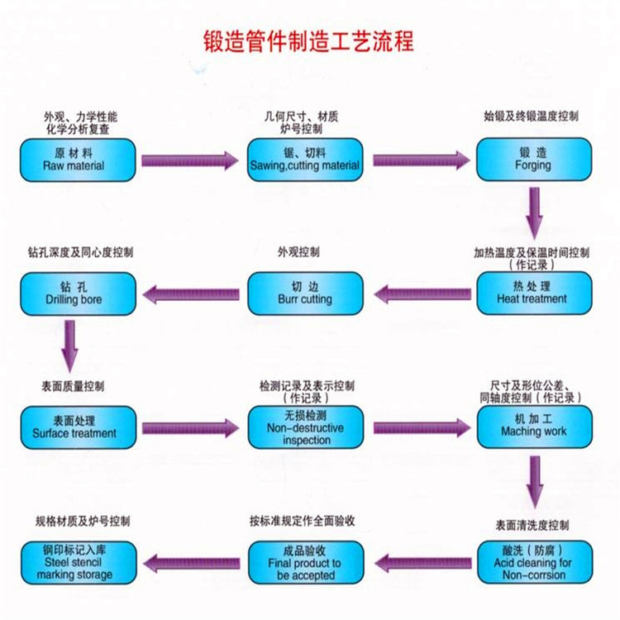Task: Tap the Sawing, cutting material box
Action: pyautogui.click(x=305, y=160)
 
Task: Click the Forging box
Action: pyautogui.click(x=533, y=160)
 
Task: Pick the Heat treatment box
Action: pyautogui.click(x=533, y=293)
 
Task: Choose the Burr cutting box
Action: pyautogui.click(x=305, y=293)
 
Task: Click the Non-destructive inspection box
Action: pyautogui.click(x=305, y=427)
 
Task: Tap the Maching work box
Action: pyautogui.click(x=533, y=427)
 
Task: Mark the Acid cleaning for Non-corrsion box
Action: pyautogui.click(x=533, y=562)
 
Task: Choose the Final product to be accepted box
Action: pyautogui.click(x=305, y=562)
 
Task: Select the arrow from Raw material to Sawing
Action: pyautogui.click(x=189, y=160)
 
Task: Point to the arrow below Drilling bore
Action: pyautogui.click(x=71, y=346)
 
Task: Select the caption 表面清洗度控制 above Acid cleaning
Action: pyautogui.click(x=532, y=525)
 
